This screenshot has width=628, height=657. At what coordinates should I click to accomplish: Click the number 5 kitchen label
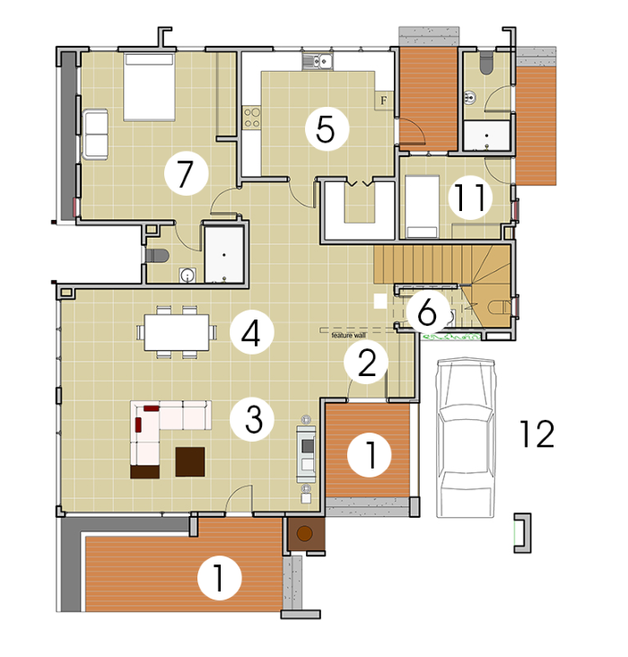(x=327, y=129)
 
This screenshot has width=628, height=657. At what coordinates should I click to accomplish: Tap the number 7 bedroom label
(x=186, y=173)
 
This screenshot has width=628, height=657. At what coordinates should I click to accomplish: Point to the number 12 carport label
(x=537, y=434)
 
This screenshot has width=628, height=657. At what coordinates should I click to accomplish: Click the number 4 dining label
(x=251, y=333)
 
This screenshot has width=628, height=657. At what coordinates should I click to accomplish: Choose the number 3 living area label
(x=253, y=419)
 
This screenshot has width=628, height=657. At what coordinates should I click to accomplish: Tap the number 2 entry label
(x=366, y=363)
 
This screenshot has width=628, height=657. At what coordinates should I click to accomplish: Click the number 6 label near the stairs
(x=428, y=311)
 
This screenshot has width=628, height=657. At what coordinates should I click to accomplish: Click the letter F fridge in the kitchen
(x=383, y=101)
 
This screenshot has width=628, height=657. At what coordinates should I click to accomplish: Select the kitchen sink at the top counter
(x=317, y=62)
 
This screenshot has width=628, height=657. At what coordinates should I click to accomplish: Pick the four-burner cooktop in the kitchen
(x=252, y=117)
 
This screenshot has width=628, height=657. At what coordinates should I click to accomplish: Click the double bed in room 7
(x=149, y=87)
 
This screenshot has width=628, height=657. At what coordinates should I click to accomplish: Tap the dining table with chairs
(x=177, y=332)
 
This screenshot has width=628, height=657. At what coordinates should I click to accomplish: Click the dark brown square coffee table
(x=190, y=461)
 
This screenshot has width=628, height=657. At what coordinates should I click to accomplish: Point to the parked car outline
(x=465, y=437)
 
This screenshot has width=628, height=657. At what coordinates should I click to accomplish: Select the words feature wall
(x=349, y=335)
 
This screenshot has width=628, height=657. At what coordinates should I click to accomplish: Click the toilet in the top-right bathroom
(x=486, y=63)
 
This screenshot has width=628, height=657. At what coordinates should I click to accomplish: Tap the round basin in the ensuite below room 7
(x=187, y=276)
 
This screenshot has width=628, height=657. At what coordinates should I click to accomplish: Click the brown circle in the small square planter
(x=304, y=533)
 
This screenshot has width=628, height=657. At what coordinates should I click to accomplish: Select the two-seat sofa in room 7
(x=95, y=134)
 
